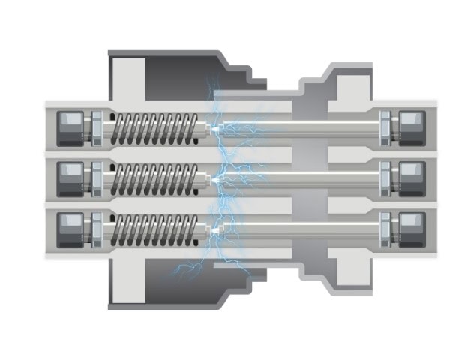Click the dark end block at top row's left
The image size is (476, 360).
tap(70, 129)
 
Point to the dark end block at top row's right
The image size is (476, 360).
tap(412, 129)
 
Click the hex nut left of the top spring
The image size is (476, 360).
tap(96, 129)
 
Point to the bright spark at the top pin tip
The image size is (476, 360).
tap(216, 130)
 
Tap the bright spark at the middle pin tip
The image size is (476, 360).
tap(216, 181)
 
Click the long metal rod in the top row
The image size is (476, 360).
tap(300, 129)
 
